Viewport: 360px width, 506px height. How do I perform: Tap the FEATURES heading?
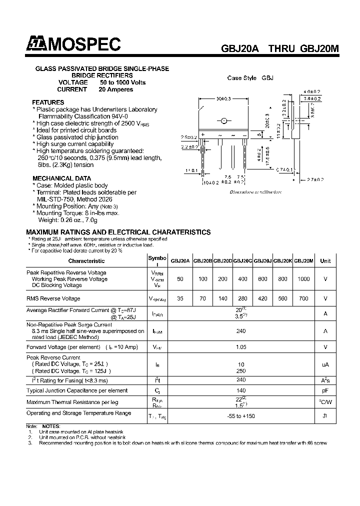[48, 102]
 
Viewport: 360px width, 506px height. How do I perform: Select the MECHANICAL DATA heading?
[61, 178]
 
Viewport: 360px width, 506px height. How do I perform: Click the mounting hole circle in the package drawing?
[224, 120]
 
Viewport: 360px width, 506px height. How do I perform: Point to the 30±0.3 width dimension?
[223, 98]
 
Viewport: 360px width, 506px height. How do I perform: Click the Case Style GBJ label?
[250, 78]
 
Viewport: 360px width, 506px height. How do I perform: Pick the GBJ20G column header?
[242, 261]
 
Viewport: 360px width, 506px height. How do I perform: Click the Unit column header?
[325, 261]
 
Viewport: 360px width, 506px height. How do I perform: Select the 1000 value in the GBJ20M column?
[303, 279]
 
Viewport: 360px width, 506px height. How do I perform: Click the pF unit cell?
[325, 390]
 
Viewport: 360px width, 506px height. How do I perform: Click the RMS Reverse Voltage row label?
[53, 298]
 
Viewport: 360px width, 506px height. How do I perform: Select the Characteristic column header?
[86, 261]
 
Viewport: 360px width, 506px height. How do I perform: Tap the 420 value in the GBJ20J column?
[262, 298]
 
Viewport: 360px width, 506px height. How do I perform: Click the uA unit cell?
[325, 364]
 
